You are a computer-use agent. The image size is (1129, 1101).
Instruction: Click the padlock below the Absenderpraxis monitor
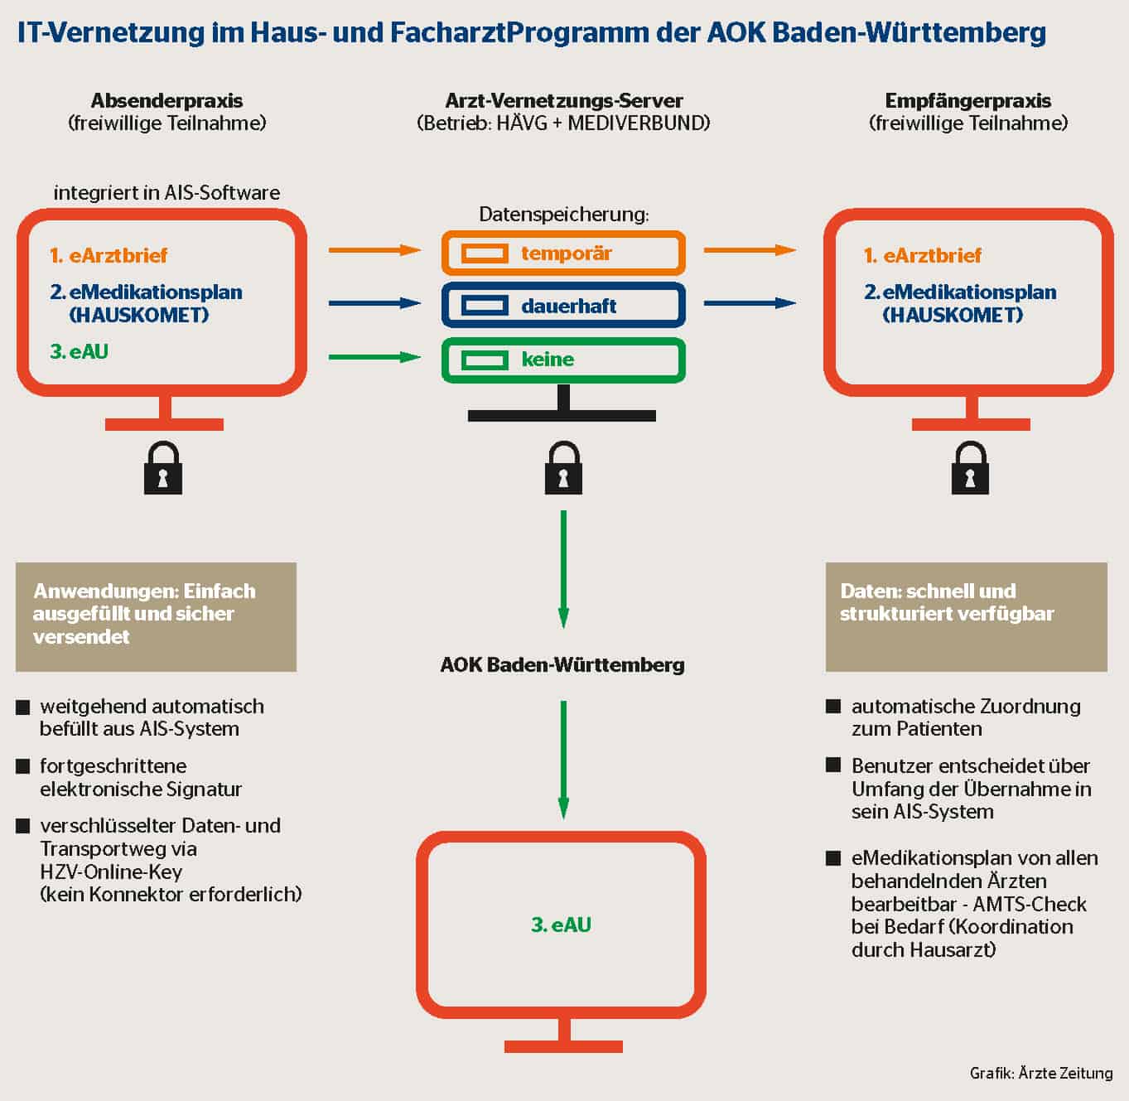tap(162, 469)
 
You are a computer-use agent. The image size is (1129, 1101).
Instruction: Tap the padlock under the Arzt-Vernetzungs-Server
tap(563, 469)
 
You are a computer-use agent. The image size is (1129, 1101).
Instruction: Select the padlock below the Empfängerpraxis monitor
tap(970, 469)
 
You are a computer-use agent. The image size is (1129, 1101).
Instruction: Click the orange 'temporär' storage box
tap(563, 254)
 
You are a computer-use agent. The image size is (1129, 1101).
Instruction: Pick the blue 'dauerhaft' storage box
tap(563, 306)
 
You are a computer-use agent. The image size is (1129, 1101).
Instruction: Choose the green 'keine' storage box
tap(563, 360)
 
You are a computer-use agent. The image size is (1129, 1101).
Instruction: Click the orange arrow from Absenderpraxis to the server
tap(374, 250)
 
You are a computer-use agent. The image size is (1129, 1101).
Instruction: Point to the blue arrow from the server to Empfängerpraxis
tap(750, 303)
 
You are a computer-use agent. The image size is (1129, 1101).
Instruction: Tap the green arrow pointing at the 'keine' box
tap(374, 357)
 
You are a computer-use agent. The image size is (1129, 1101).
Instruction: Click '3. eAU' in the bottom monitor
tap(561, 925)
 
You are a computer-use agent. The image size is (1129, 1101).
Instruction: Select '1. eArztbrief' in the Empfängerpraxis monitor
tap(922, 255)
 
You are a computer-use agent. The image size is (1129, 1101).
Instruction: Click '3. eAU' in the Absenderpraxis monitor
tap(79, 351)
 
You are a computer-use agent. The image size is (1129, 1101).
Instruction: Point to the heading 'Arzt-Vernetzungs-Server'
tap(563, 101)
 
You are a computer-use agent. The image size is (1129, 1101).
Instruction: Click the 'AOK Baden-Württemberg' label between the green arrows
tap(562, 664)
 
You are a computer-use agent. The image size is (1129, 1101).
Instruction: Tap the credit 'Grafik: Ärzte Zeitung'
tap(1041, 1073)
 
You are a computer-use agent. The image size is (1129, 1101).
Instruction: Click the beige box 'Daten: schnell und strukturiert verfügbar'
tap(966, 616)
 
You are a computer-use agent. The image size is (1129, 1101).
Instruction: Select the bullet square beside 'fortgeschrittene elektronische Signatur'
tap(23, 767)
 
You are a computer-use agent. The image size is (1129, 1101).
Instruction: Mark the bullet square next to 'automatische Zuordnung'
tap(833, 707)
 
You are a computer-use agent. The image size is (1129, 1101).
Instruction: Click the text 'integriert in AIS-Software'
tap(166, 193)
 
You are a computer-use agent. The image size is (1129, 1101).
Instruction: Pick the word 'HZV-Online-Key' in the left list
tap(111, 872)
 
